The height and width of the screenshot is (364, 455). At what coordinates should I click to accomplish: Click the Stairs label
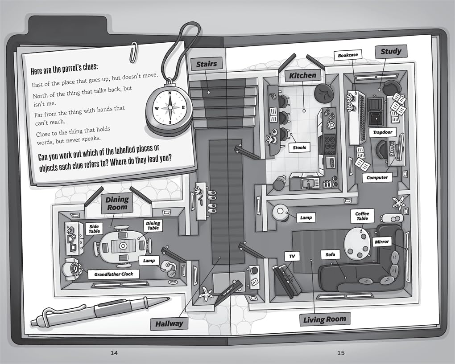point(207,64)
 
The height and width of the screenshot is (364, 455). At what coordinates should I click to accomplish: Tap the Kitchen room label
point(302,76)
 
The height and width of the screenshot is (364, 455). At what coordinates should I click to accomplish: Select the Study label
point(391,52)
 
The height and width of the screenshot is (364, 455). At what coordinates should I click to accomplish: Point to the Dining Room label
point(117,203)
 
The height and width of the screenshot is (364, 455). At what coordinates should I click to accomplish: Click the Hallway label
point(169,324)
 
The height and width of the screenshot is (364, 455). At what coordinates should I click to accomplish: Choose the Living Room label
point(325,319)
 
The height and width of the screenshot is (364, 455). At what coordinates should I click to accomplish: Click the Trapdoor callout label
point(382,132)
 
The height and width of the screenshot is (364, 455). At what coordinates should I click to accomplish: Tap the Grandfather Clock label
point(113,274)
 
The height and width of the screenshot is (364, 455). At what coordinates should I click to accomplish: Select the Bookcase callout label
point(348,55)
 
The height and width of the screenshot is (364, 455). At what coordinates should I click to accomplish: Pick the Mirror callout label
point(381,241)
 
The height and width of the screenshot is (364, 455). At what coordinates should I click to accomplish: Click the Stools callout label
point(299,147)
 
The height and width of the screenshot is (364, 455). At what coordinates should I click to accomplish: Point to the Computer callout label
point(377,178)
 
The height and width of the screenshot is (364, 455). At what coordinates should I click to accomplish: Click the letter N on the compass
point(170,93)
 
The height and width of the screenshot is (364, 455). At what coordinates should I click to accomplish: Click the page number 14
point(114,353)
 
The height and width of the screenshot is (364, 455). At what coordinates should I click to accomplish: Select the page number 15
point(341,353)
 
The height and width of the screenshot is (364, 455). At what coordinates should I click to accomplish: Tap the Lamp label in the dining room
point(149,261)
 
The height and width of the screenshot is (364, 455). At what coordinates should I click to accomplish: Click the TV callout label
point(292,256)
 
